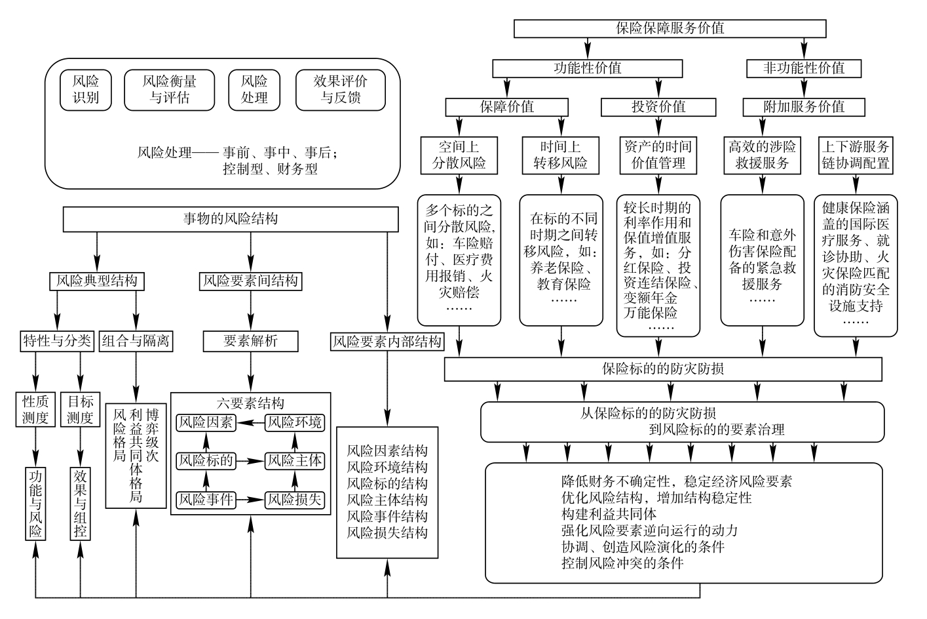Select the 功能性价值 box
(x=587, y=68)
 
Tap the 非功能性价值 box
(x=804, y=68)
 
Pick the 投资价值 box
(x=658, y=107)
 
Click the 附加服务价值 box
(x=804, y=107)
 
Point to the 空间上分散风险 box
(x=459, y=155)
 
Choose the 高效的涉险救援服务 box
(x=762, y=155)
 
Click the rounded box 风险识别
(x=85, y=90)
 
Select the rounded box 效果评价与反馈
(x=340, y=90)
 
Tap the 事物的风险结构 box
(x=231, y=219)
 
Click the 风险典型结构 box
(x=96, y=281)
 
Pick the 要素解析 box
(x=250, y=341)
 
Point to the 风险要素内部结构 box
(x=387, y=342)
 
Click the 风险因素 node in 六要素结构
(x=206, y=423)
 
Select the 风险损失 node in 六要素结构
(x=295, y=500)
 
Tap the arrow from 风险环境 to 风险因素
(x=250, y=423)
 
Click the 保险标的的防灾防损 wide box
(x=663, y=369)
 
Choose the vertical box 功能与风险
(x=35, y=503)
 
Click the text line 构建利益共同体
(x=609, y=513)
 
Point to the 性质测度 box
(x=35, y=410)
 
